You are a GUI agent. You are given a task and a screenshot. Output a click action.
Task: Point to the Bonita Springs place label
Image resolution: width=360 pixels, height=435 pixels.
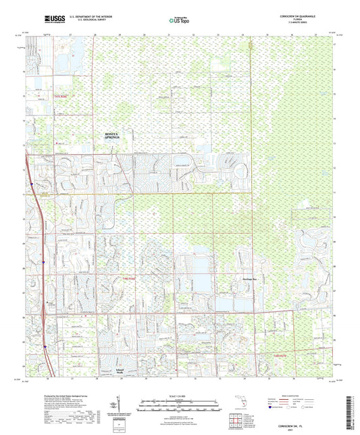116,136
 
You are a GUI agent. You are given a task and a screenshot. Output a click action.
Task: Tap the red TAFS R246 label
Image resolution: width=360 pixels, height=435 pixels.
61,96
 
